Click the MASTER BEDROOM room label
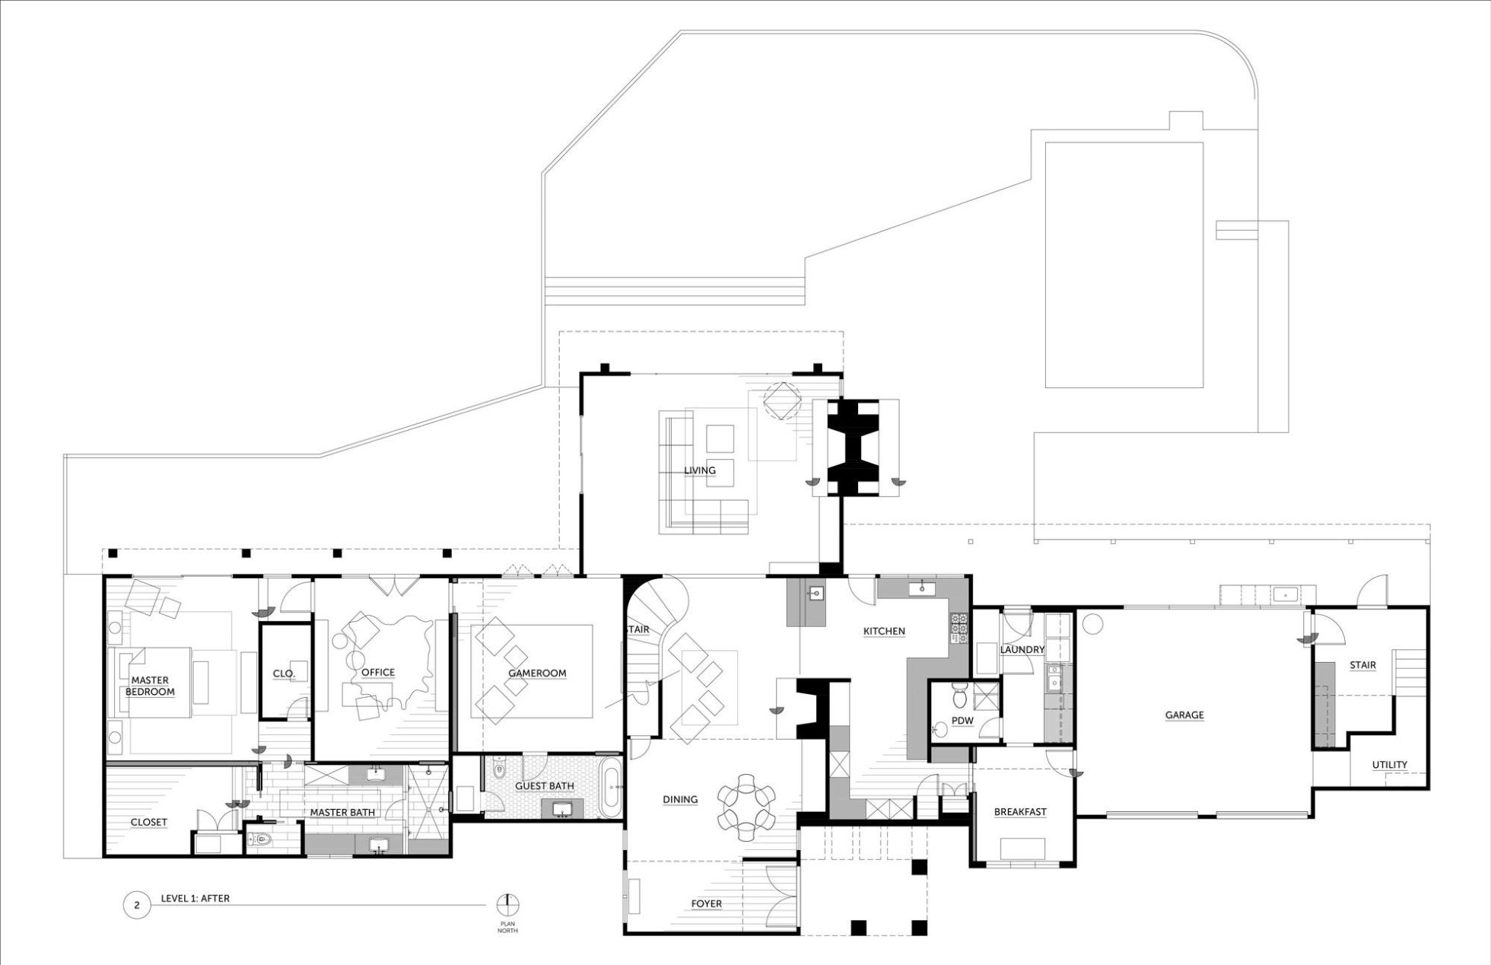[x=150, y=686]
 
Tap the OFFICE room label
[x=378, y=672]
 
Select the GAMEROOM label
[x=537, y=673]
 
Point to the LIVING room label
[x=700, y=470]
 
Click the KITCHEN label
[x=884, y=631]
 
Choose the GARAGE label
[x=1184, y=715]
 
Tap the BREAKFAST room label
[x=1020, y=812]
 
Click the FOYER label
[x=706, y=903]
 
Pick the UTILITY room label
[x=1390, y=765]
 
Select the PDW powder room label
[x=962, y=721]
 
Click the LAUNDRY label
[x=1022, y=649]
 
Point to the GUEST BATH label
[x=545, y=786]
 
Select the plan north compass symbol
[x=507, y=905]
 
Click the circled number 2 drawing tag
[x=137, y=906]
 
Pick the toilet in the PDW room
[x=960, y=693]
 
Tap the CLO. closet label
[x=284, y=674]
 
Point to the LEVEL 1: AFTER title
[x=195, y=898]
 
